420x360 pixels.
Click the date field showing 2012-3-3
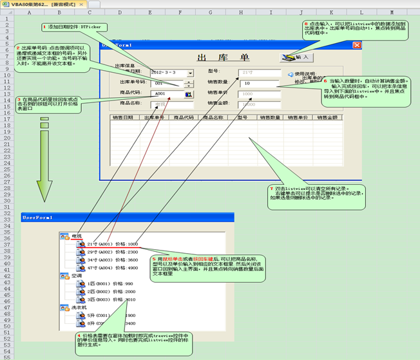[x=167, y=72]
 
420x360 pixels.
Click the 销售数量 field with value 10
[x=260, y=83]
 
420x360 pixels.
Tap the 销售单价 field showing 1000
[x=260, y=94]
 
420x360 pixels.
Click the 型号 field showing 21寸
[x=260, y=72]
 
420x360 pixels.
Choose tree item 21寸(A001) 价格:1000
[x=112, y=244]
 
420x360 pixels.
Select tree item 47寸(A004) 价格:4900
[x=112, y=267]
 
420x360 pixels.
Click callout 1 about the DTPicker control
[x=74, y=26]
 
